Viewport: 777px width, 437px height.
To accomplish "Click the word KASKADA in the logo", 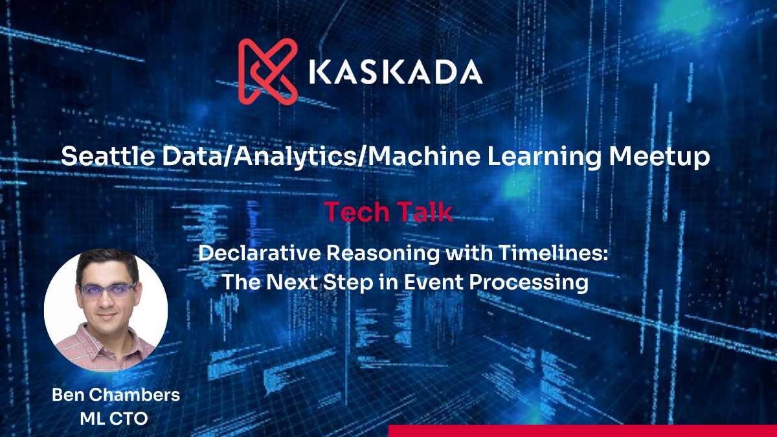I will tap(396, 72).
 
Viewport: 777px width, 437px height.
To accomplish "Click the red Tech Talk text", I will tap(388, 212).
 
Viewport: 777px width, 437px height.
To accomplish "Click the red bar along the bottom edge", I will tap(582, 431).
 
